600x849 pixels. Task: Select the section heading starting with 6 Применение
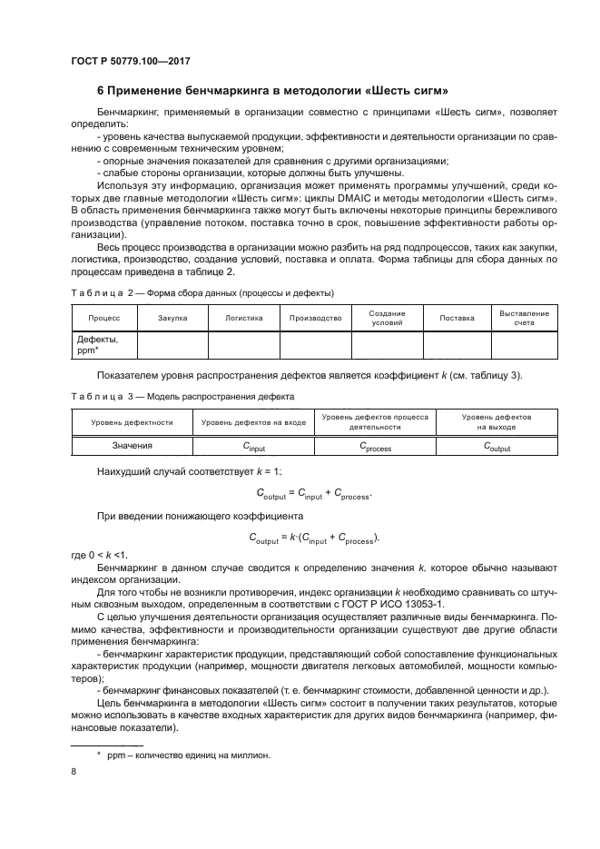coord(272,91)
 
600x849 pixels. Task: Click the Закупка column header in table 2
coord(172,319)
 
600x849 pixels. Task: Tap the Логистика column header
coord(244,319)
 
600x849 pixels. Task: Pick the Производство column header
coord(315,319)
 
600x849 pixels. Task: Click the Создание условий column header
coord(387,318)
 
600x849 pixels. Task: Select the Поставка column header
coord(457,319)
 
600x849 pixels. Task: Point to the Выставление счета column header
coord(524,318)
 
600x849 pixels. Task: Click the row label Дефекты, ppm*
coord(103,345)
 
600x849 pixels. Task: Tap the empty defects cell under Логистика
coord(244,345)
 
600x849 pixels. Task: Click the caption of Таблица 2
coord(202,293)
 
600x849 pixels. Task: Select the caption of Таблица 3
coord(182,397)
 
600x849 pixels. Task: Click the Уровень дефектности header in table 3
coord(132,422)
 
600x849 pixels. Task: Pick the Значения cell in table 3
coord(132,446)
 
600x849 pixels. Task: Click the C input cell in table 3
coord(253,447)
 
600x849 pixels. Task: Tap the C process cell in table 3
coord(375,447)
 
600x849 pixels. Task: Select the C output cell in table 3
coord(497,447)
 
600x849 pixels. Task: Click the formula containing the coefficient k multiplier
coord(313,538)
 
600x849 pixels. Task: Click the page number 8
coord(74,772)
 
